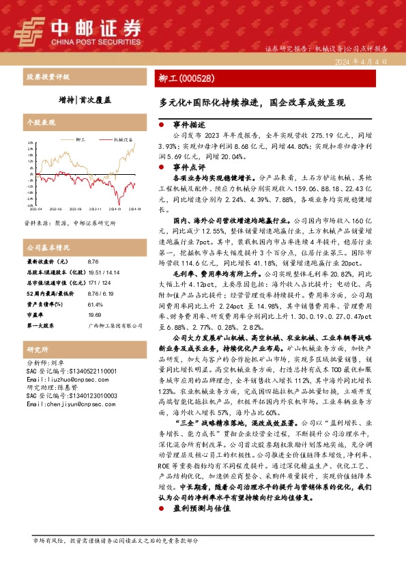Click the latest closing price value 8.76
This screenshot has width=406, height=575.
click(x=93, y=262)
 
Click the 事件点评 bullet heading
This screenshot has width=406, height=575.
click(x=189, y=166)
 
